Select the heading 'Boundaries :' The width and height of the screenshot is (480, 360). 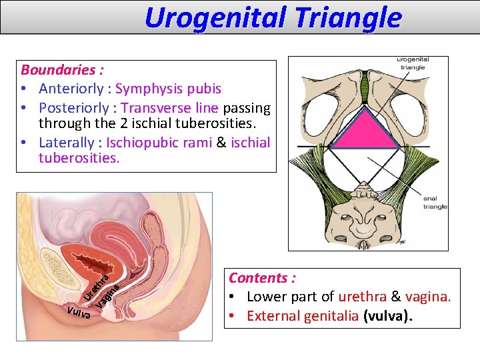coord(62,70)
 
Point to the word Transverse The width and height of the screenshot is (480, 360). coord(157,107)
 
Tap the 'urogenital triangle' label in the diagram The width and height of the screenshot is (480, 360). coord(413,64)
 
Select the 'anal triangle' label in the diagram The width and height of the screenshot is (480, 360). coord(435,203)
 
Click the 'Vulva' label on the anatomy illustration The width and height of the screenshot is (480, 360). coord(79,312)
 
